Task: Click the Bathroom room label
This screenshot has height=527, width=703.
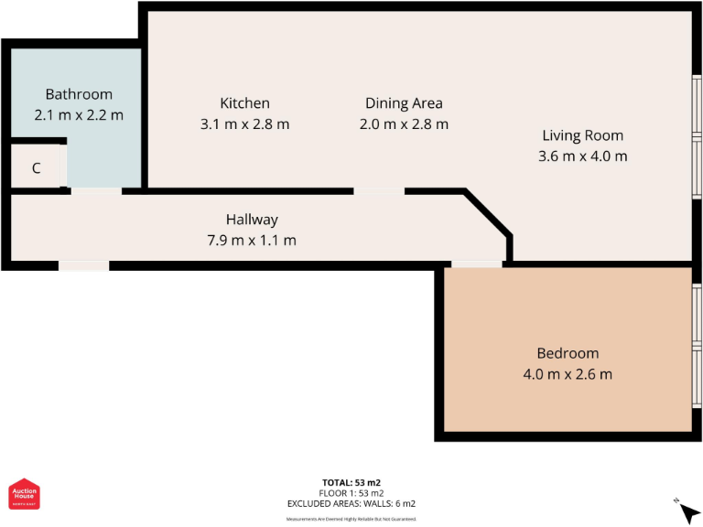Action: point(79,94)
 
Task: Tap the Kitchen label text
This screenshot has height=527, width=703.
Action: point(244,103)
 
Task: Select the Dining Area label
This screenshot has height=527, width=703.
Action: point(404,103)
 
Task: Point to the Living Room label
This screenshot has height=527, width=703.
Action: point(582,135)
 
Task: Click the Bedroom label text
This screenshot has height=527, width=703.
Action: point(568,353)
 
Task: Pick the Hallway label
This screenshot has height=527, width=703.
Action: point(252,220)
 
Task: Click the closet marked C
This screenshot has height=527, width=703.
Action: point(37,168)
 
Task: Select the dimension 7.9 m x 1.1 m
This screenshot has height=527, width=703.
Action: point(252,241)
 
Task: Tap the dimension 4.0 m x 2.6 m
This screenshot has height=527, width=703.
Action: point(568,374)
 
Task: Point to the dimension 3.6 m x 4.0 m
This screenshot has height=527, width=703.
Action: point(582,156)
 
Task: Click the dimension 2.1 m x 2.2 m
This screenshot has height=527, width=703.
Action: point(79,115)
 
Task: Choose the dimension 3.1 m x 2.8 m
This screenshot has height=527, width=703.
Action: point(244,124)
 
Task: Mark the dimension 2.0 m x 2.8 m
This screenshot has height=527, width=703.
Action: point(404,124)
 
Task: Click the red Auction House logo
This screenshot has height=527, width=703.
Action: point(24,495)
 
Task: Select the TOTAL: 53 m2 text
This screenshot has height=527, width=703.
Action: point(351,482)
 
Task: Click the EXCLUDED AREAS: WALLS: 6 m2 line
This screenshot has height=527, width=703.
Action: point(351,503)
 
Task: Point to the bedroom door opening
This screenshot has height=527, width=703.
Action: point(476,264)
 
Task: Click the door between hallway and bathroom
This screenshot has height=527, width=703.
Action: point(96,190)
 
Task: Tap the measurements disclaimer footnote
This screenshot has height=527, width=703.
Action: point(351,519)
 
